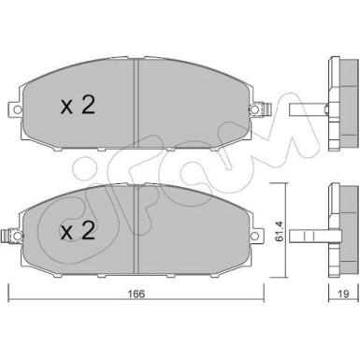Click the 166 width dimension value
click(137, 294)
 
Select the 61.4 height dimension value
click(280, 231)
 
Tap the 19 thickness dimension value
click(343, 294)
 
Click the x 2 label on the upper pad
click(78, 106)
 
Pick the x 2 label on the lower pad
click(78, 231)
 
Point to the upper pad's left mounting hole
click(18, 109)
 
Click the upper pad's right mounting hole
click(254, 109)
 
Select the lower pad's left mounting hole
click(18, 236)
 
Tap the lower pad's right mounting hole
click(255, 236)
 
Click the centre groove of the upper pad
click(136, 103)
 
